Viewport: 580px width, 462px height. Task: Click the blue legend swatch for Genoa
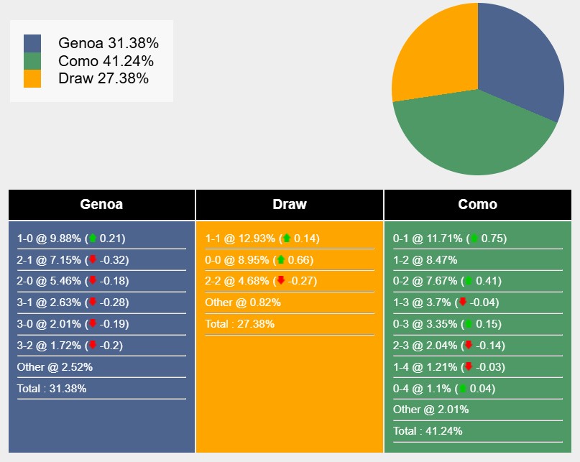[x=32, y=43]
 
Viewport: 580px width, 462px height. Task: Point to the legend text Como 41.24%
[x=106, y=61]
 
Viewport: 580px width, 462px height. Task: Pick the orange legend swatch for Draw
[x=32, y=78]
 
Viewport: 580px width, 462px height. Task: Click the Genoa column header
[x=101, y=205]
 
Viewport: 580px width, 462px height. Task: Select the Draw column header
[x=290, y=205]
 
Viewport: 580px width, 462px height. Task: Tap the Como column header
[x=478, y=205]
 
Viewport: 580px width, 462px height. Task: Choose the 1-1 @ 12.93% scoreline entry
[x=262, y=239]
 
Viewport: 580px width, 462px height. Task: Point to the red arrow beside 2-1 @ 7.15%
[x=92, y=260]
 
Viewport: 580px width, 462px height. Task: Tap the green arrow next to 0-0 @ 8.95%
[x=280, y=260]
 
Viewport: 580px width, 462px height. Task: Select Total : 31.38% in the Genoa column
[x=52, y=389]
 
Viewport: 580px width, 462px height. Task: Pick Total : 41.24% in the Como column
[x=428, y=431]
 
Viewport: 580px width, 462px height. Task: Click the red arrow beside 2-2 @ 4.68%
[x=280, y=281]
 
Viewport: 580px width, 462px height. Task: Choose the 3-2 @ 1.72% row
[x=70, y=346]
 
